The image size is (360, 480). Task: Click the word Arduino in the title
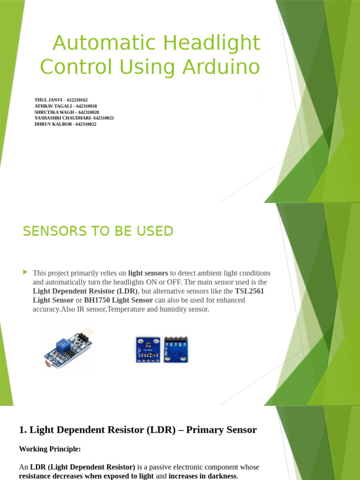click(222, 67)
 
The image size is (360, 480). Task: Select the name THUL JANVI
click(49, 100)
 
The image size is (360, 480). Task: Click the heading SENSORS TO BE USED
click(98, 231)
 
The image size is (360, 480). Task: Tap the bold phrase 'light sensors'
click(148, 273)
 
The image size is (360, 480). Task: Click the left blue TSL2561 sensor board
click(148, 349)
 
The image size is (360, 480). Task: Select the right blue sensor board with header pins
click(176, 349)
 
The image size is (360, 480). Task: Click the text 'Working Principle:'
click(50, 449)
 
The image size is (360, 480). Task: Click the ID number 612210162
click(77, 100)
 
